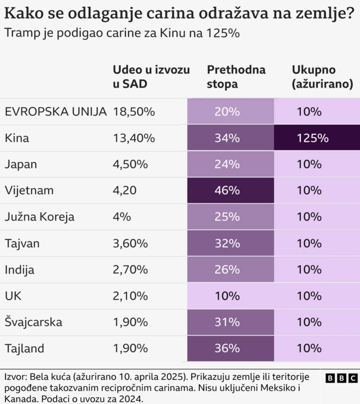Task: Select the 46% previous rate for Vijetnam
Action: tap(227, 190)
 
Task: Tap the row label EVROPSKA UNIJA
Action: tap(55, 111)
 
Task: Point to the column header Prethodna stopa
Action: tap(236, 77)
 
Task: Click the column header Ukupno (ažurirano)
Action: tap(322, 77)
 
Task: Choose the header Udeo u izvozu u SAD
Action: tap(151, 77)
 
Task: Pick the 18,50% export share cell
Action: tap(134, 111)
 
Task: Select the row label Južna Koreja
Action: tap(39, 217)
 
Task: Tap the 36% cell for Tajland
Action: tap(227, 348)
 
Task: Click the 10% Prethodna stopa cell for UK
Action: tap(227, 296)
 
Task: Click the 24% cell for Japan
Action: tap(227, 165)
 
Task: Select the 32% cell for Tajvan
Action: tap(227, 243)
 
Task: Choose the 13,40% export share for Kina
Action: tap(134, 138)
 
